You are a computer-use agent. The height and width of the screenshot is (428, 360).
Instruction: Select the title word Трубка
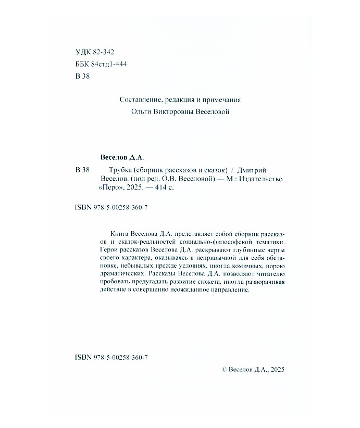[120, 169]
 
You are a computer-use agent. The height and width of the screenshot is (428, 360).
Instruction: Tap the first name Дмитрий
[260, 169]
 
